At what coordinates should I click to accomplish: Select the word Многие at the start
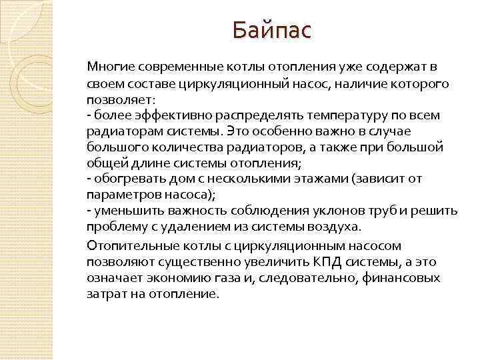pyautogui.click(x=109, y=67)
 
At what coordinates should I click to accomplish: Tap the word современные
pyautogui.click(x=174, y=67)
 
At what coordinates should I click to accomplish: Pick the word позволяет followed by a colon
pyautogui.click(x=119, y=99)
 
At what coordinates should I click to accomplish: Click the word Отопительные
pyautogui.click(x=125, y=245)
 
